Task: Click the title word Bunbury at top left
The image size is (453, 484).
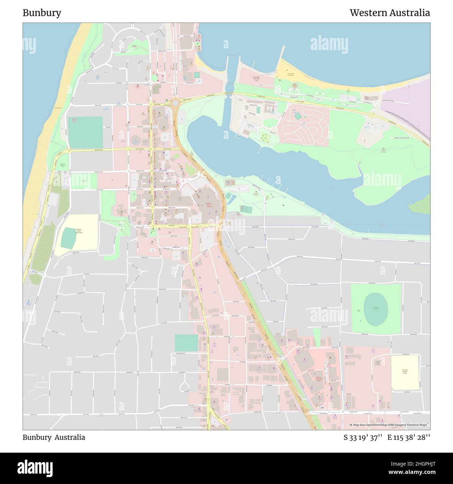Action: (x=42, y=13)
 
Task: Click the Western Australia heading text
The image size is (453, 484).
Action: (x=390, y=13)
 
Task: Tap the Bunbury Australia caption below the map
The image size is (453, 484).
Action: (x=54, y=437)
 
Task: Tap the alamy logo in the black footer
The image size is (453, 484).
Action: (x=35, y=468)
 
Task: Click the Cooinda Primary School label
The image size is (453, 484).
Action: (x=404, y=372)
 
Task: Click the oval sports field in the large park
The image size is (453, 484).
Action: (x=375, y=308)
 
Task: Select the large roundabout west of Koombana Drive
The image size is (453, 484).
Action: (x=175, y=103)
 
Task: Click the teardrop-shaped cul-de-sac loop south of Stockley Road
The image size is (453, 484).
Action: (x=185, y=386)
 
